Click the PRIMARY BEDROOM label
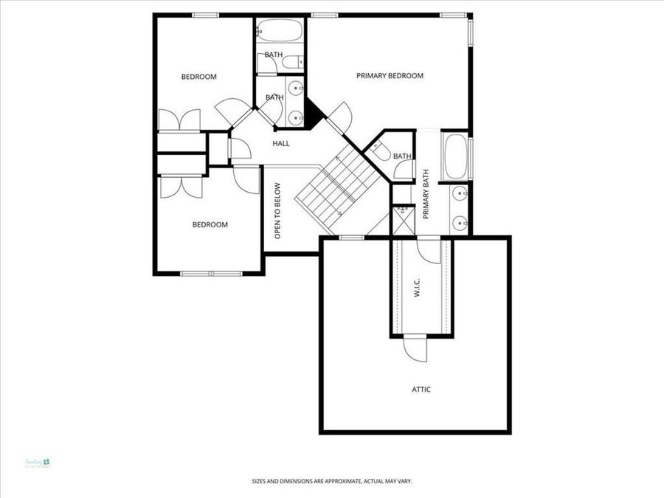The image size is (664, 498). click(390, 76)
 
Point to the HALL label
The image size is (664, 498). click(280, 143)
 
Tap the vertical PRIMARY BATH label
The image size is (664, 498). click(426, 194)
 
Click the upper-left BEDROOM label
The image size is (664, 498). click(199, 77)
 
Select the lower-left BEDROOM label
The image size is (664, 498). click(210, 225)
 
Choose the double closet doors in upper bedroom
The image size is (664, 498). click(179, 120)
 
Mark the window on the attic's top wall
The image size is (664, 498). click(350, 238)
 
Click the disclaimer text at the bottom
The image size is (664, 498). click(331, 481)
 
